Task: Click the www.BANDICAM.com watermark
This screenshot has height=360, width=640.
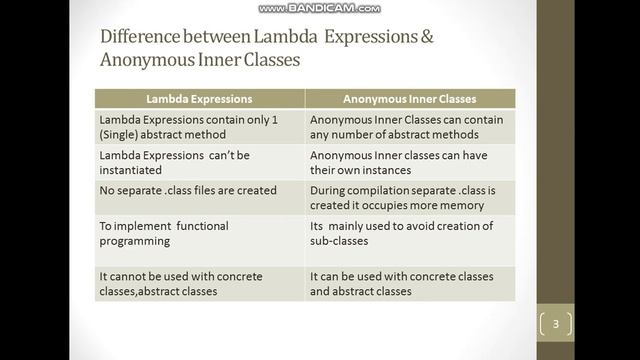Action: tap(319, 8)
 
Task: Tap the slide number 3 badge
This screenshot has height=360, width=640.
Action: tap(557, 323)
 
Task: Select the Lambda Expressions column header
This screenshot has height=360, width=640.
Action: tap(199, 99)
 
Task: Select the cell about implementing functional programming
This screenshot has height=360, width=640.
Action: tap(199, 233)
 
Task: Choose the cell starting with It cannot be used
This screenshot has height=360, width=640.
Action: tap(199, 283)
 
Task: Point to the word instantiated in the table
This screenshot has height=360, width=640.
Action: tap(131, 171)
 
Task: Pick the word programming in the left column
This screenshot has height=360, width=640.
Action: tap(139, 241)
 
